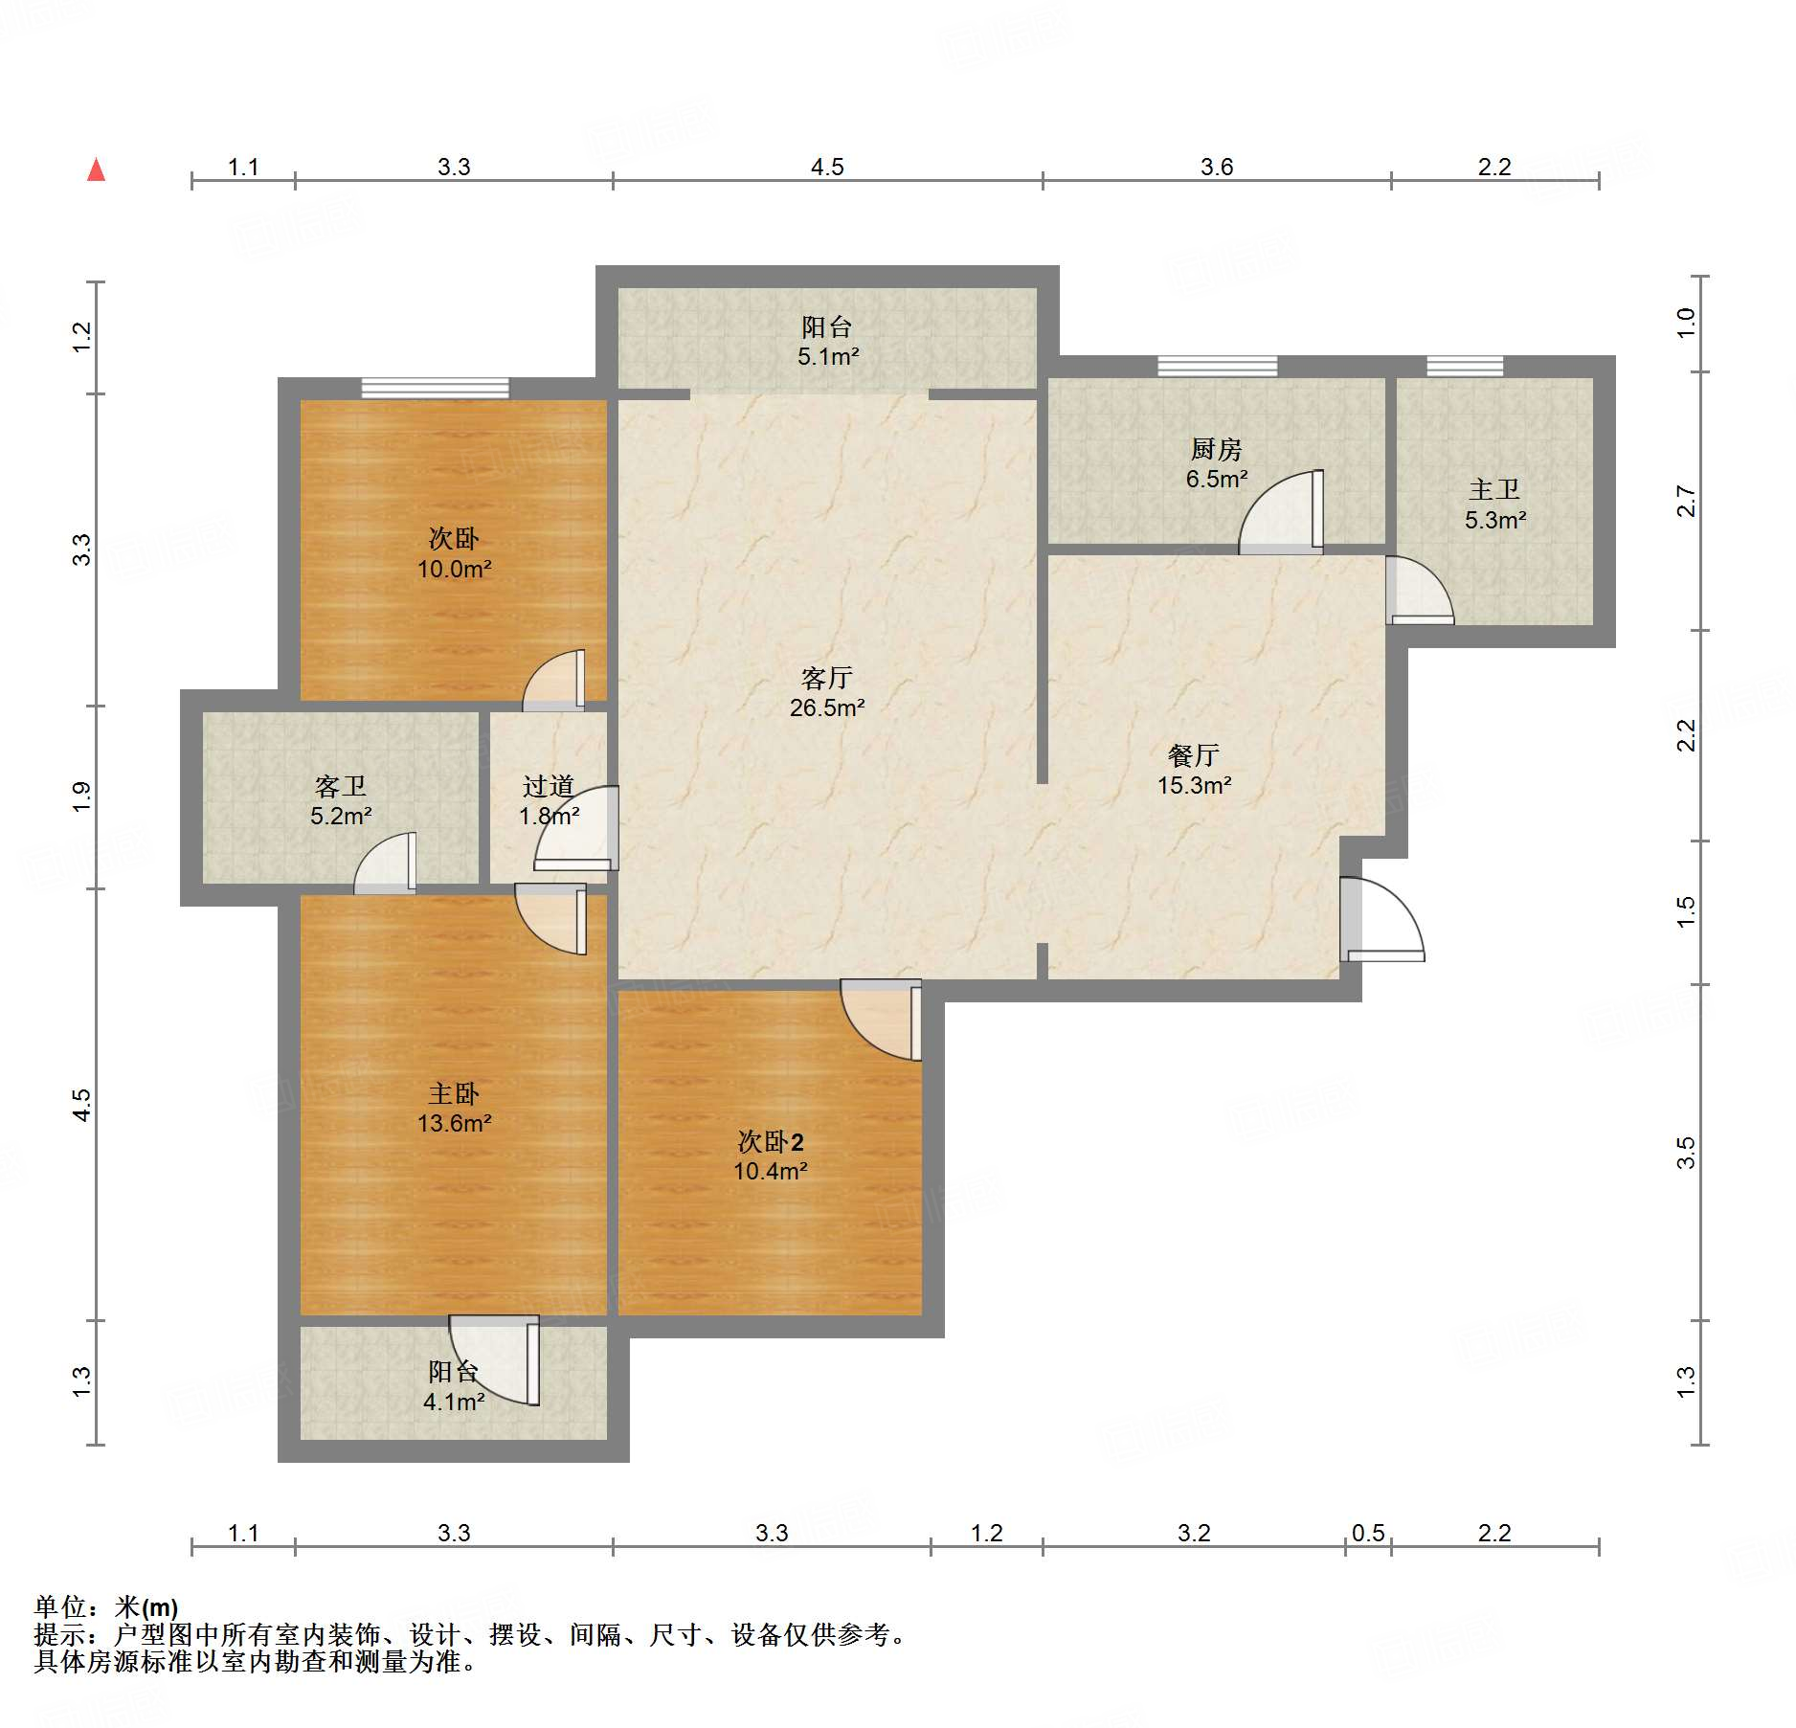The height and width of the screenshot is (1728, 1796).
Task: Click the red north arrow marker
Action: point(96,169)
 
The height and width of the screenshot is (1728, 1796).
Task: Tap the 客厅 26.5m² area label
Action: point(827,693)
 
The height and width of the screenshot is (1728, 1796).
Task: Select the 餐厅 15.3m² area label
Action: point(1194,771)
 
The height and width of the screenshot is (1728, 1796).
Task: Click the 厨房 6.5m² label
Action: point(1216,463)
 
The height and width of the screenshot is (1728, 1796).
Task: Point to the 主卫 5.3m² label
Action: point(1494,505)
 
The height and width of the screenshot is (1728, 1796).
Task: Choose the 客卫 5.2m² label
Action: point(341,801)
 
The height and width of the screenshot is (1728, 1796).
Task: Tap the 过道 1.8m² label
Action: point(549,801)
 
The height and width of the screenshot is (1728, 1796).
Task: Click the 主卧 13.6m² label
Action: point(454,1108)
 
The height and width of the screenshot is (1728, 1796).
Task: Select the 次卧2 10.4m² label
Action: point(771,1156)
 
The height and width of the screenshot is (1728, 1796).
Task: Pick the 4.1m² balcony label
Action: point(454,1387)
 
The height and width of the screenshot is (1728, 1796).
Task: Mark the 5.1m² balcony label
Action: point(828,342)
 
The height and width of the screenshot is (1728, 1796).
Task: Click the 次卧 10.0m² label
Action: point(454,553)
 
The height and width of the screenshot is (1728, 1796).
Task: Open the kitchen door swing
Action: point(1282,512)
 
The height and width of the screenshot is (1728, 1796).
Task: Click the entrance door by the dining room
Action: point(1381,919)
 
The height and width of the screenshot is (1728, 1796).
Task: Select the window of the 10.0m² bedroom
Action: point(436,389)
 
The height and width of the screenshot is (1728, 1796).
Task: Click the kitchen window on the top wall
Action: point(1217,366)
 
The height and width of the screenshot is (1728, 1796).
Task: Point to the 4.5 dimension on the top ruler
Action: point(827,168)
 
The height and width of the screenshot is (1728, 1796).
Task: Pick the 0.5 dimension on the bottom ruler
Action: point(1368,1533)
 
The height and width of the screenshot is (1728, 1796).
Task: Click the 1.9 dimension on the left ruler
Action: point(81,797)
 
